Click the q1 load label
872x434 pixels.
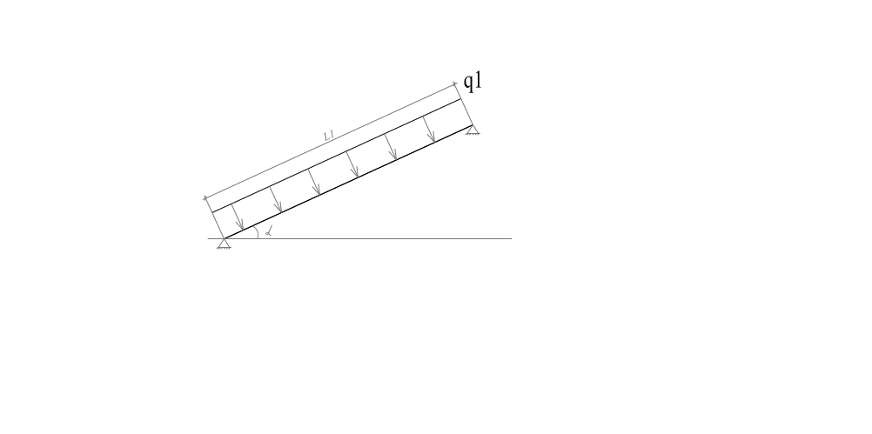(473, 82)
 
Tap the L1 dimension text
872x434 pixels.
(329, 135)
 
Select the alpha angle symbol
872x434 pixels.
(269, 231)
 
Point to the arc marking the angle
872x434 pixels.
(257, 231)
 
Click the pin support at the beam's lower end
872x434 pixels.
(224, 244)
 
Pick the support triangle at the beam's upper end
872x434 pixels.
(473, 130)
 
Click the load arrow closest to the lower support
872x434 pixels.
(238, 217)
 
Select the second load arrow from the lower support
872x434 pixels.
(276, 199)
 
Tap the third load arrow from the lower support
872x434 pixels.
(314, 182)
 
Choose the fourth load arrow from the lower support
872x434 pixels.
(352, 164)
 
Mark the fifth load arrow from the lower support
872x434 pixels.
(391, 147)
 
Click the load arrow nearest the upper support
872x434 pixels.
(429, 130)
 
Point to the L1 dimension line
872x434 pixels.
(331, 141)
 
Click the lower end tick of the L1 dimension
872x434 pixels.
(205, 197)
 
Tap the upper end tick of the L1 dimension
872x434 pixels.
(455, 83)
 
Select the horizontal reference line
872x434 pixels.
(359, 238)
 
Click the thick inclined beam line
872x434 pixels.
(347, 183)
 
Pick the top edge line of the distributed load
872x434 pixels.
(337, 156)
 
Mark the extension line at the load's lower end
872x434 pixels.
(214, 217)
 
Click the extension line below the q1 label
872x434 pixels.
(463, 104)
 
